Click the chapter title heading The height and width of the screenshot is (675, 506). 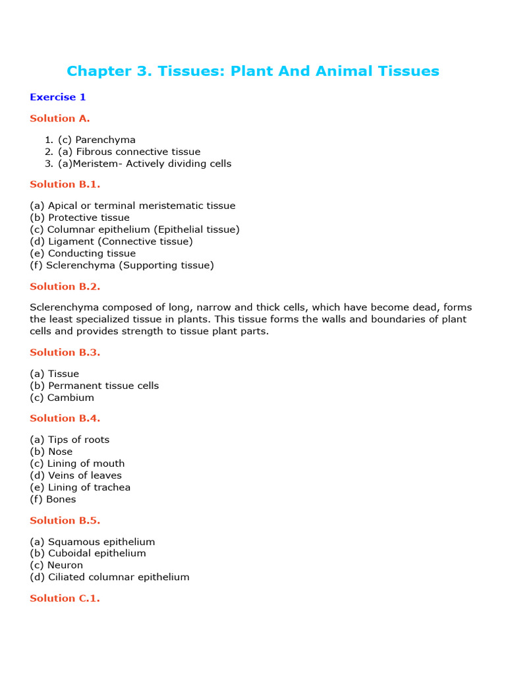click(x=253, y=71)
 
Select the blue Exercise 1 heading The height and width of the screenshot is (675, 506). click(x=58, y=97)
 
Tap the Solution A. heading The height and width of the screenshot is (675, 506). click(x=60, y=119)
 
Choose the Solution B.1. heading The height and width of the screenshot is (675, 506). click(x=65, y=185)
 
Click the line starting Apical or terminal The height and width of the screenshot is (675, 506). click(x=132, y=206)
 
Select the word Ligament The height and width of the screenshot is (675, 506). click(x=69, y=241)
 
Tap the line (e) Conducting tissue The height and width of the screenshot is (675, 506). click(x=83, y=253)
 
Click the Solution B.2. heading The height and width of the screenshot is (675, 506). click(x=65, y=287)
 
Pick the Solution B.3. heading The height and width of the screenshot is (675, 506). click(x=65, y=353)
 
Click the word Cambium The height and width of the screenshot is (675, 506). click(x=71, y=397)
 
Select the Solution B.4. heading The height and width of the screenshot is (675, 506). click(x=65, y=419)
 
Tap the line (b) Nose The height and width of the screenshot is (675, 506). click(x=51, y=452)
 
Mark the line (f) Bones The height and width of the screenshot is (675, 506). click(x=53, y=499)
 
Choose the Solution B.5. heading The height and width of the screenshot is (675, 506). click(x=65, y=521)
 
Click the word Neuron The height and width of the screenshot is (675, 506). click(x=65, y=565)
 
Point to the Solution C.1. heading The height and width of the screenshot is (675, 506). click(x=65, y=599)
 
